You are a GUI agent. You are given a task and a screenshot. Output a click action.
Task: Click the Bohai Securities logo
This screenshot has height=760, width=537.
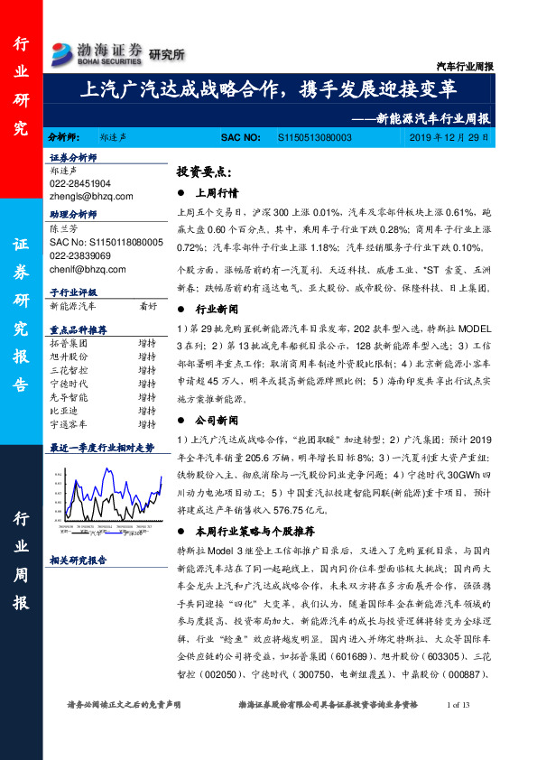[x=97, y=52]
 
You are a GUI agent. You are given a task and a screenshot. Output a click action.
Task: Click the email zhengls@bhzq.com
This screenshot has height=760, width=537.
[x=91, y=195]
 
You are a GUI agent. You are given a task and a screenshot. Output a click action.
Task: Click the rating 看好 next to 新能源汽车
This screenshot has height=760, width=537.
[x=148, y=306]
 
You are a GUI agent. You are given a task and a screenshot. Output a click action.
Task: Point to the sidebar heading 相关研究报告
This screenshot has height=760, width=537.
[x=79, y=561]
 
